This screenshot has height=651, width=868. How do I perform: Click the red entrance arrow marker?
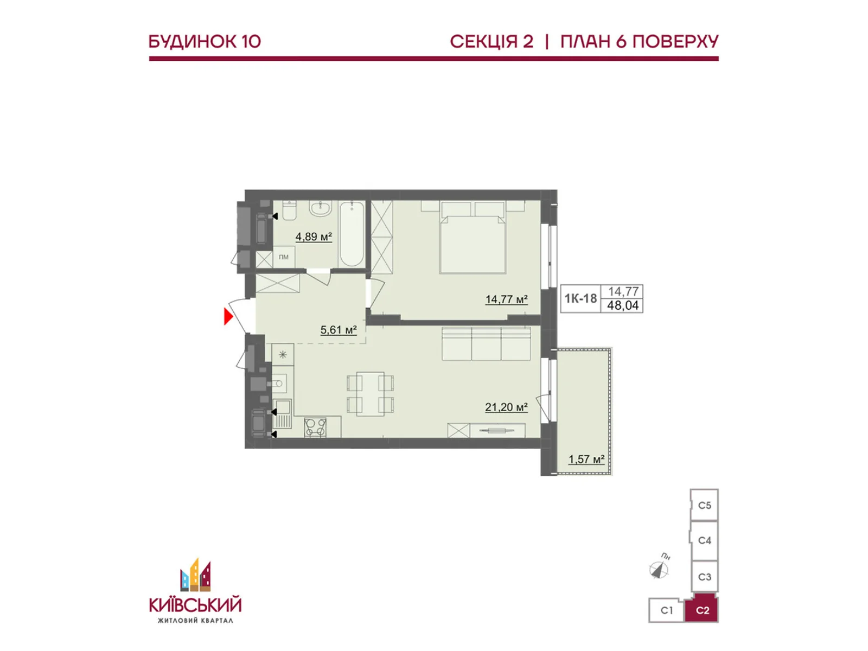[x=228, y=316]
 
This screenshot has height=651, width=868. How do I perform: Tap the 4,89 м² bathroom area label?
[x=314, y=237]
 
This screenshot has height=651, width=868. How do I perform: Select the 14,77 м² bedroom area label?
[x=506, y=299]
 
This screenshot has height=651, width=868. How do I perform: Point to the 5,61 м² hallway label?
[x=339, y=330]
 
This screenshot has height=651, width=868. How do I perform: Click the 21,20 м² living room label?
[x=506, y=407]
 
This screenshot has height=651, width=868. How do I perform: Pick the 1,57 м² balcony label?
[x=586, y=459]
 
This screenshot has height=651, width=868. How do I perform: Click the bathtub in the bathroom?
[x=352, y=234]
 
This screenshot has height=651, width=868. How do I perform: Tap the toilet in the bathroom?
[x=289, y=210]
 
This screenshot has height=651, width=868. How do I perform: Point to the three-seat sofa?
[x=486, y=343]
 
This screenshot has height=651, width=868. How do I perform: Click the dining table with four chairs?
[x=371, y=394]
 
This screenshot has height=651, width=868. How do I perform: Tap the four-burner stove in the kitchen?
[x=315, y=427]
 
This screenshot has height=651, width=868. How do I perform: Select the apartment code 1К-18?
[x=580, y=298]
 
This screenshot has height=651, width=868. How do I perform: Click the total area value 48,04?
[x=623, y=305]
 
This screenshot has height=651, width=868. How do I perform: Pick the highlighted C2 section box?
[x=702, y=610]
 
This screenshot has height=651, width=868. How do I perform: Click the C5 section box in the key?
[x=704, y=506]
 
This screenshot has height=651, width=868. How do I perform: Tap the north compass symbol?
[x=659, y=570]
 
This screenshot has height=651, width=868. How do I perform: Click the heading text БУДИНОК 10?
[x=205, y=42]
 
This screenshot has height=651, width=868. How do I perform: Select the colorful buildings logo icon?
[x=195, y=575]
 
